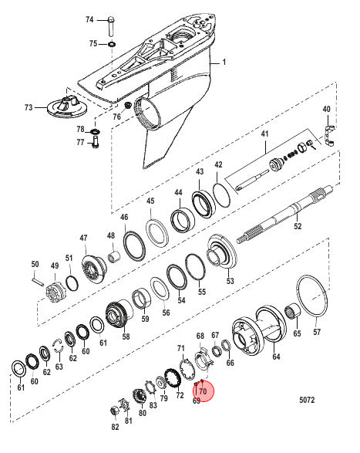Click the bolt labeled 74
click(111, 26)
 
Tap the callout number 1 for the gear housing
click(224, 62)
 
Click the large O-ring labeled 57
click(312, 296)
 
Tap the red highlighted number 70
click(203, 391)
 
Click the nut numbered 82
click(115, 411)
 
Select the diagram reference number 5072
click(307, 400)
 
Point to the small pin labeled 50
click(38, 281)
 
